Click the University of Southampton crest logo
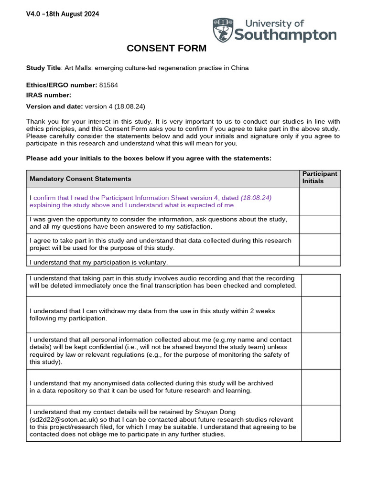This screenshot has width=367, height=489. click(223, 30)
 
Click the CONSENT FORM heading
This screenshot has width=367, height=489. click(166, 48)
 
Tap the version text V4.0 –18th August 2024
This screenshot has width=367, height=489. click(63, 14)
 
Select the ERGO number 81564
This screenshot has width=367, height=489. click(108, 85)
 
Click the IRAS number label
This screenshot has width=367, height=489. click(48, 95)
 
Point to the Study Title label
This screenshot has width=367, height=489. click(43, 68)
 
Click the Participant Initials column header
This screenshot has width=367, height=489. click(319, 178)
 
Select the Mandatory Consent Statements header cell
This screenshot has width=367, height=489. click(80, 179)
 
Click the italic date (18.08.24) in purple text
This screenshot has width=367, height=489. click(256, 198)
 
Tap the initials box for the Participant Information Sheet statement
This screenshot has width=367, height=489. click(320, 201)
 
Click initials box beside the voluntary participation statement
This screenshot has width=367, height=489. click(320, 261)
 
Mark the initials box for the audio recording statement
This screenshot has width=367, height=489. click(321, 285)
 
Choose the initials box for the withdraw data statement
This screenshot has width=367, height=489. click(321, 314)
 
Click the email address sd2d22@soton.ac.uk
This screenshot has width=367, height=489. click(64, 419)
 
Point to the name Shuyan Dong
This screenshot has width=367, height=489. click(217, 412)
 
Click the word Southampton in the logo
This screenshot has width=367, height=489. click(285, 35)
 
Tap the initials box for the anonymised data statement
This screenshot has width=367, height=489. click(321, 387)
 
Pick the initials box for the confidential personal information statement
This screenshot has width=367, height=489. click(321, 351)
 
